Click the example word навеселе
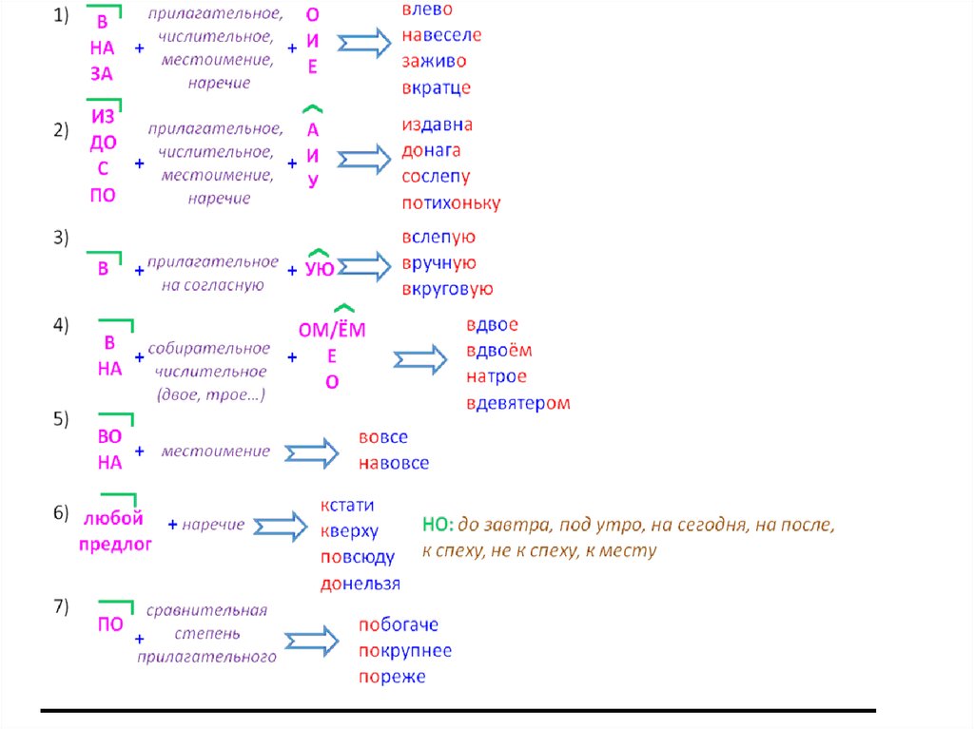tap(441, 35)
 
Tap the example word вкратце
tap(436, 87)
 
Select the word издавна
tap(437, 125)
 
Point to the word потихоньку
tap(451, 203)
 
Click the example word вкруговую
tap(447, 289)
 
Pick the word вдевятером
tap(518, 404)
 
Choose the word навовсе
tap(394, 463)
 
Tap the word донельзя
tap(360, 584)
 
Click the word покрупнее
tap(405, 651)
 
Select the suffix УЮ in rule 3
tap(320, 269)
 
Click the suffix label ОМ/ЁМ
tap(332, 330)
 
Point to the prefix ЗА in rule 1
tap(102, 74)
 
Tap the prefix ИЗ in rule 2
tap(103, 117)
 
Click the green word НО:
tap(438, 525)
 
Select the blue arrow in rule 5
tap(312, 452)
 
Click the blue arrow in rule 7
tap(312, 642)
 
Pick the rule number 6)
tap(61, 513)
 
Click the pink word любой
tap(113, 518)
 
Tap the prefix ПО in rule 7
tap(110, 624)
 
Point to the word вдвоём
tap(498, 351)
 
